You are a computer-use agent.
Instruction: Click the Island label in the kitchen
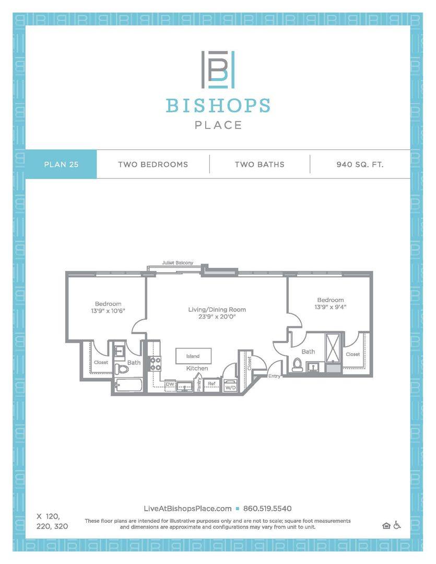point(193,356)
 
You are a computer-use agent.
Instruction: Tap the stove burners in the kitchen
point(156,363)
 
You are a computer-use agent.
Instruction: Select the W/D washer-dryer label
point(230,387)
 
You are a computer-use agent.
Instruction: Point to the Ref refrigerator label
point(211,384)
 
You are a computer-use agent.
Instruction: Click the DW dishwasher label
point(170,384)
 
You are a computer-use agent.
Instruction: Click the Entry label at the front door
point(274,376)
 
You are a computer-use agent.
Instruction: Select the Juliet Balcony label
point(178,263)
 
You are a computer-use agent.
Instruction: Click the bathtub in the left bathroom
point(128,385)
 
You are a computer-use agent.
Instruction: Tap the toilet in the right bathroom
point(298,365)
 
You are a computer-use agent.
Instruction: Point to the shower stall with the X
point(333,347)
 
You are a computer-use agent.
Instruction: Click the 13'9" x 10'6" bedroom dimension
point(108,311)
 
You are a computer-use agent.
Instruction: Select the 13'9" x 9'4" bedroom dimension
point(330,307)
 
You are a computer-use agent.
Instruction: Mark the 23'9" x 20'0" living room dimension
point(217,316)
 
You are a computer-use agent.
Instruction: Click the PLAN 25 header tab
point(61,164)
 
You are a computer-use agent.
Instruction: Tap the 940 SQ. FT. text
point(360,164)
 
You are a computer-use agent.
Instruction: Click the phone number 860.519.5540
point(267,509)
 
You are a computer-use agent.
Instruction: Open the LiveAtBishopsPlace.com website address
point(187,509)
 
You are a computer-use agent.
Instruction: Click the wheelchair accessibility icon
point(397,525)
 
